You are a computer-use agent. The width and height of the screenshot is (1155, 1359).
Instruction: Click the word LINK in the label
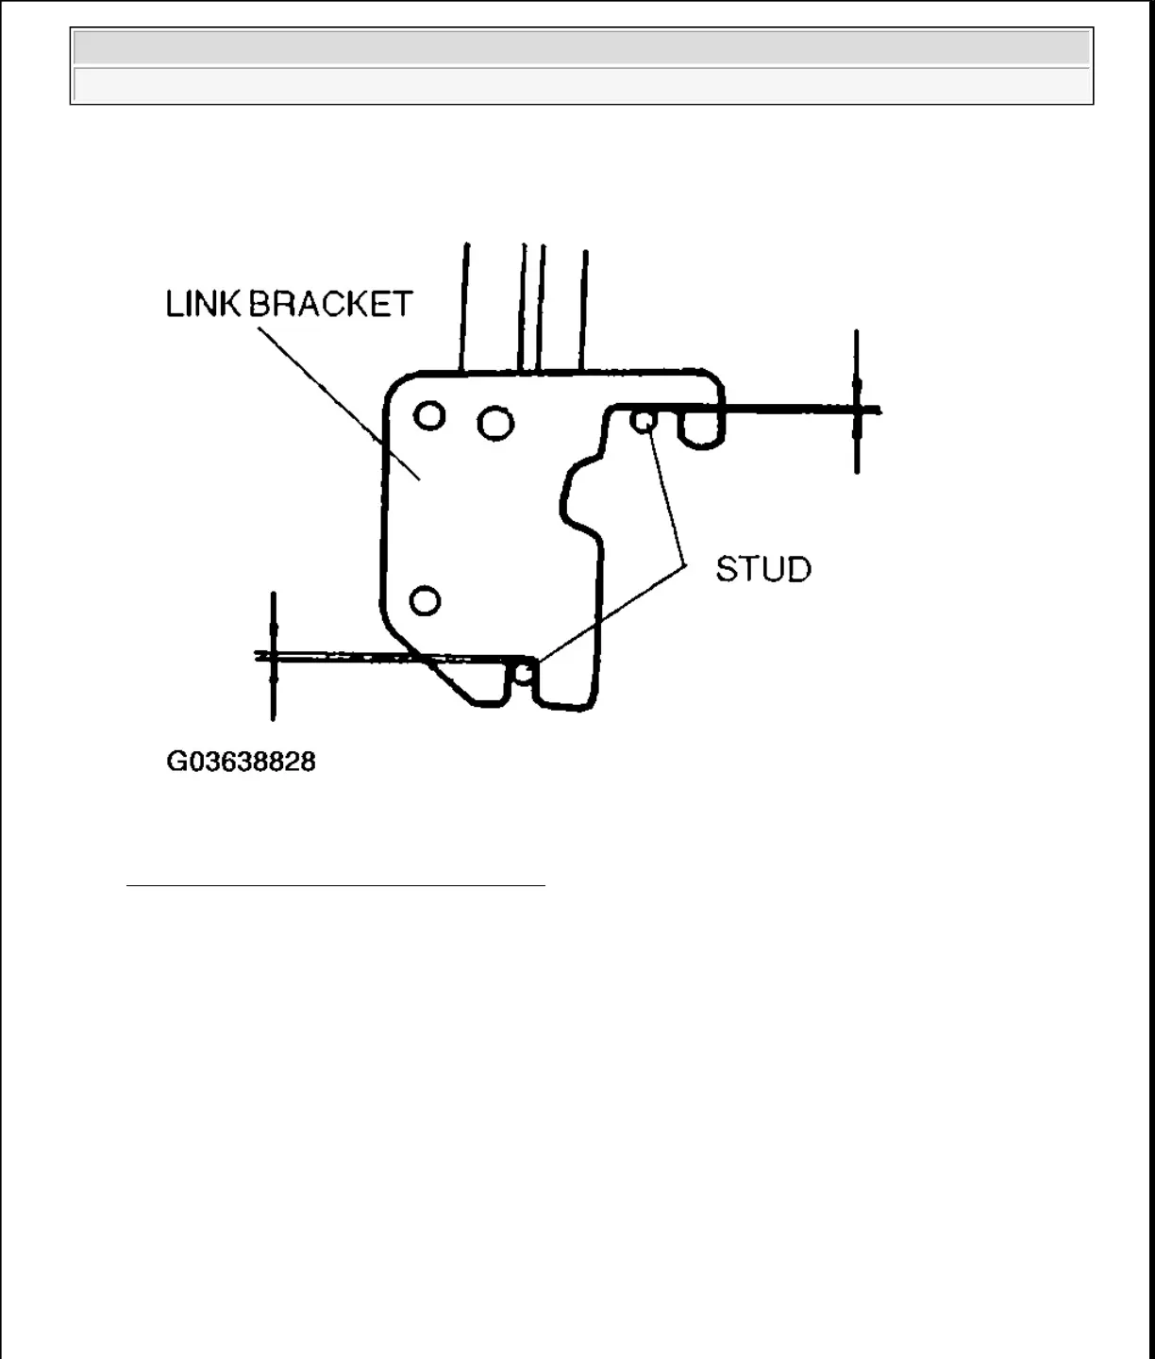203,304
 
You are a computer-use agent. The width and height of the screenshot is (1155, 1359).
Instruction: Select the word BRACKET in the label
330,304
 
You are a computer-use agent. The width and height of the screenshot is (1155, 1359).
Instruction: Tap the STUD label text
763,569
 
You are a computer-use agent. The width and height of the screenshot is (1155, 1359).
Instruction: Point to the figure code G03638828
241,762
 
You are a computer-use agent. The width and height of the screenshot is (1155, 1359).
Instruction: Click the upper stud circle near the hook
643,421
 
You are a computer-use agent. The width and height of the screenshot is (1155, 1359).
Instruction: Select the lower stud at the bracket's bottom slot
525,673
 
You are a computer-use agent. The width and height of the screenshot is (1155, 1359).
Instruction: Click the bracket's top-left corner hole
429,415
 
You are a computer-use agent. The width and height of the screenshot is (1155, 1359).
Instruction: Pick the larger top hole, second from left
495,423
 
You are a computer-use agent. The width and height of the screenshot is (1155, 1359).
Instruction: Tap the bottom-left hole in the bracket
425,600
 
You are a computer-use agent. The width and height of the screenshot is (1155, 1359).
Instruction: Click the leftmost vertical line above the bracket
464,307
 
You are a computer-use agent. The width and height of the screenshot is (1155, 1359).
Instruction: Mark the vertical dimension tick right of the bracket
856,401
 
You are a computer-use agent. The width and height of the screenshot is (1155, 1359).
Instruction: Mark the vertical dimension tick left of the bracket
273,656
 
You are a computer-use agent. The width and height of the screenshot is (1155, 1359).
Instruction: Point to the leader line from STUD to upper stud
666,500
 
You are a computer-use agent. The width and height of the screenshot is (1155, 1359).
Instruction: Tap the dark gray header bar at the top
581,47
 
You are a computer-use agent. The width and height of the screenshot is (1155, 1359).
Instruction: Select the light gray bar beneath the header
581,85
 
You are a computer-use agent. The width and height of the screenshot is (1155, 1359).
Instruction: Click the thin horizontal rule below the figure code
336,886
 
